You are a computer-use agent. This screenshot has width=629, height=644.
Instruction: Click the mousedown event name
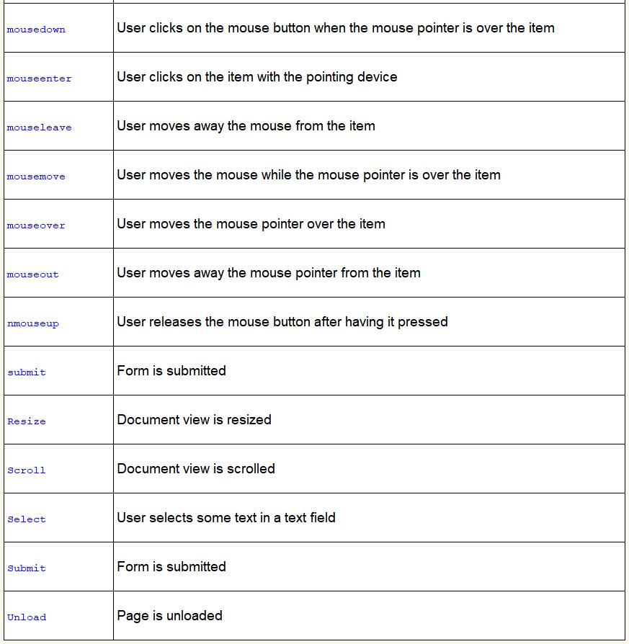tap(36, 30)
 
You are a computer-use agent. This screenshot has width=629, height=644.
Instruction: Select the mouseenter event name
tap(40, 79)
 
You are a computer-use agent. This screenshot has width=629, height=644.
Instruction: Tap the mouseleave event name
tap(40, 128)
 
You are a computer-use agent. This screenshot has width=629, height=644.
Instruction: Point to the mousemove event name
tap(36, 176)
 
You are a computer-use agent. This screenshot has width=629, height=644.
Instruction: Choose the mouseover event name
tap(36, 225)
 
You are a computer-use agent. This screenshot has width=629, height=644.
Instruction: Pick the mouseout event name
tap(33, 274)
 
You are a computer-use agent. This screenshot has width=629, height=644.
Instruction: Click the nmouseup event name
tap(33, 323)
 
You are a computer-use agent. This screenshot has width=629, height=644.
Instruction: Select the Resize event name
tap(27, 421)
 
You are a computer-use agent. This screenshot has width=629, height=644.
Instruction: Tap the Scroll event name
tap(27, 470)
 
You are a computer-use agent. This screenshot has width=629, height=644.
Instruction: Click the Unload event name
tap(27, 617)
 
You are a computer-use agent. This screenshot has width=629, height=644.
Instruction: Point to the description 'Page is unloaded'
tap(169, 615)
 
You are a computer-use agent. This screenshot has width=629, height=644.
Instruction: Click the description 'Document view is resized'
tap(194, 419)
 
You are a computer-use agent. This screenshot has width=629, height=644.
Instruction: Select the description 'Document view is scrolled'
tap(196, 468)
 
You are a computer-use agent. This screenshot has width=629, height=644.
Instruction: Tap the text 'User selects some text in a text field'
tap(226, 517)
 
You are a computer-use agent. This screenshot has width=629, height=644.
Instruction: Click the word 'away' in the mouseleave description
tap(209, 125)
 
